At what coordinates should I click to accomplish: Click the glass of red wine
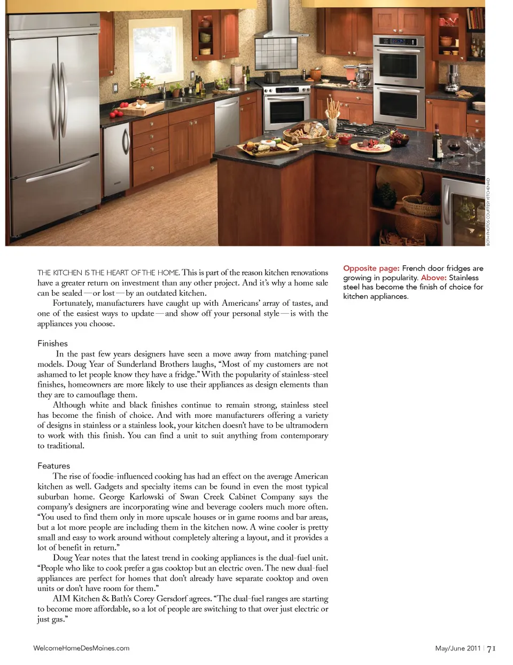coord(454,147)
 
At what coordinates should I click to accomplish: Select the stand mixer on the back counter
coord(363,76)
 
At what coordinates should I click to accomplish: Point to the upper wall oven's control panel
coord(398,42)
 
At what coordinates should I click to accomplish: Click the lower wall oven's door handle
coord(399,90)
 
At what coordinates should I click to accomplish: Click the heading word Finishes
coord(52,343)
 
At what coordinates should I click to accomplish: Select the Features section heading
coord(53,465)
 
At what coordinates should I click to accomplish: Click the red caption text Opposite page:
coord(371,268)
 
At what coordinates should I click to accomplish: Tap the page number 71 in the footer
coord(491,648)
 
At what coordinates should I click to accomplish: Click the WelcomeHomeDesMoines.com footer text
coord(81,648)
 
